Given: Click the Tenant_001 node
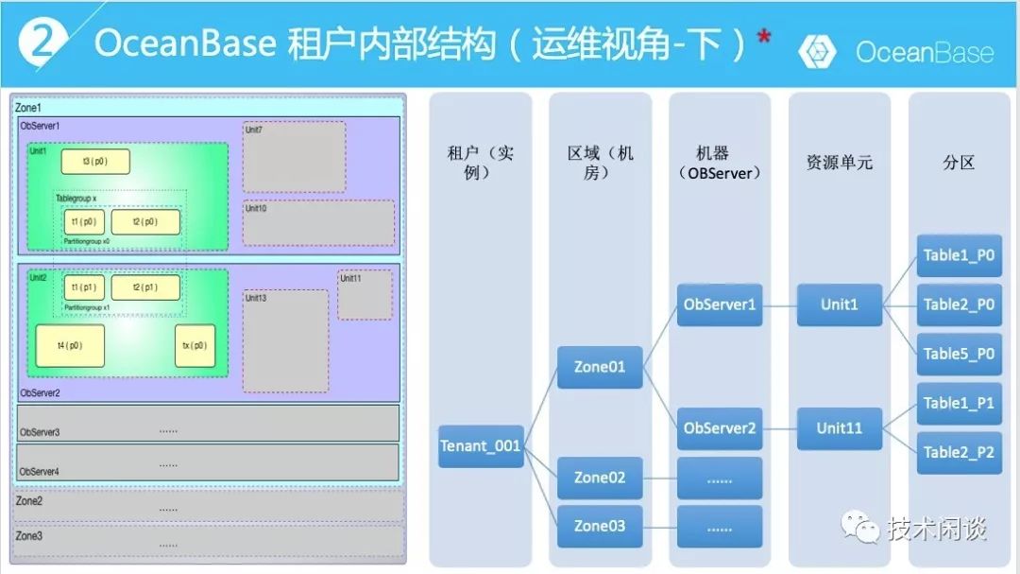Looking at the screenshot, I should (x=481, y=446).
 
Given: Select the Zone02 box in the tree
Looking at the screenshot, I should (x=600, y=478).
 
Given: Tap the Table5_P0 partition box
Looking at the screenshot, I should (x=959, y=354).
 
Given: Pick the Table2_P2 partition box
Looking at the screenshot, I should (x=959, y=452).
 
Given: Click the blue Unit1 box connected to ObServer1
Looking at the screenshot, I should (x=840, y=305).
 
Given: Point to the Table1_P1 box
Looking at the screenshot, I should (x=959, y=404).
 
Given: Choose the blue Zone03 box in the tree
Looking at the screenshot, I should (x=600, y=526).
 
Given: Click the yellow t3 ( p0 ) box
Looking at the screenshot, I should (x=95, y=162).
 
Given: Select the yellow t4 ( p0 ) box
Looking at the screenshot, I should (x=70, y=346).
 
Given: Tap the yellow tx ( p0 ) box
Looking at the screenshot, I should (x=195, y=346).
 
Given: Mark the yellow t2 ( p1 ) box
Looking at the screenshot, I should (x=145, y=287).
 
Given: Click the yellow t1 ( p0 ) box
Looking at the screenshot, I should (x=84, y=222).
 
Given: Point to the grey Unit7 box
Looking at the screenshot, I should (x=294, y=157).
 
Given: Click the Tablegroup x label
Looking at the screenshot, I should (x=76, y=199).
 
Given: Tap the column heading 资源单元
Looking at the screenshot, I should (x=840, y=163).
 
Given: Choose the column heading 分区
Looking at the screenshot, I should (x=959, y=163).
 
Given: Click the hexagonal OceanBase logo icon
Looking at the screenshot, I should (x=817, y=52).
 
